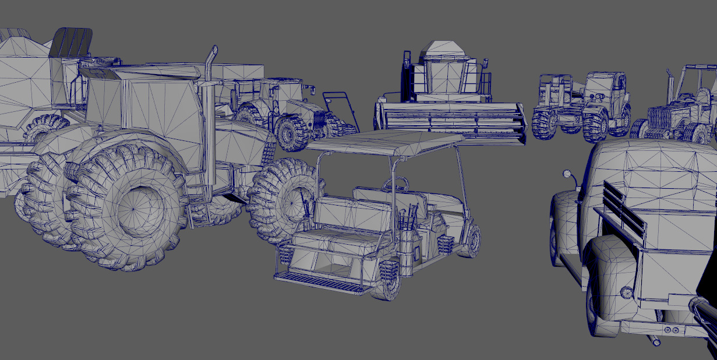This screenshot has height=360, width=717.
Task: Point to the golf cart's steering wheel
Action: point(395,185)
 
